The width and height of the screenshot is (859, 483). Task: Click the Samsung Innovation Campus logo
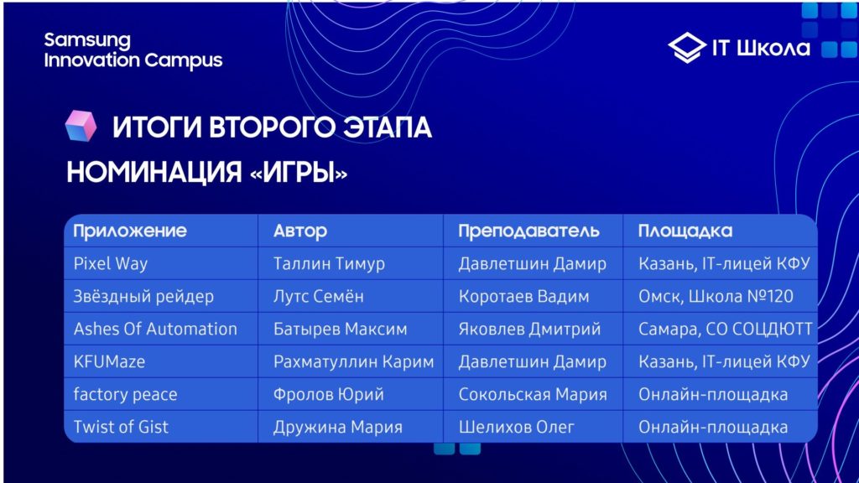tap(133, 51)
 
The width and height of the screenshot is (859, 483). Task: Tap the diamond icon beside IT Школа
tap(687, 48)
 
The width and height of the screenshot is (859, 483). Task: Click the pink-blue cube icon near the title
tap(81, 126)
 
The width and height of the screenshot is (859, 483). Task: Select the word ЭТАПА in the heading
tap(388, 127)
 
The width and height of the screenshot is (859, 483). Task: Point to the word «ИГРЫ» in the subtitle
tap(299, 173)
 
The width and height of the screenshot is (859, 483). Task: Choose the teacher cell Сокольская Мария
tap(533, 394)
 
